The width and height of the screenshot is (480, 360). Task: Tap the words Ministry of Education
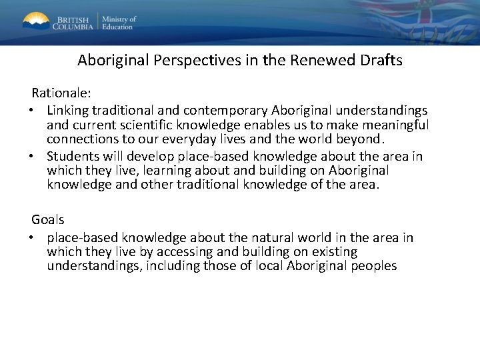click(x=119, y=22)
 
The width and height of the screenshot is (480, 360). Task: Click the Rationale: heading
click(x=60, y=92)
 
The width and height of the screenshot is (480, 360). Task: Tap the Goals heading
click(x=48, y=219)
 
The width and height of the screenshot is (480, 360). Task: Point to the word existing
click(x=332, y=252)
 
